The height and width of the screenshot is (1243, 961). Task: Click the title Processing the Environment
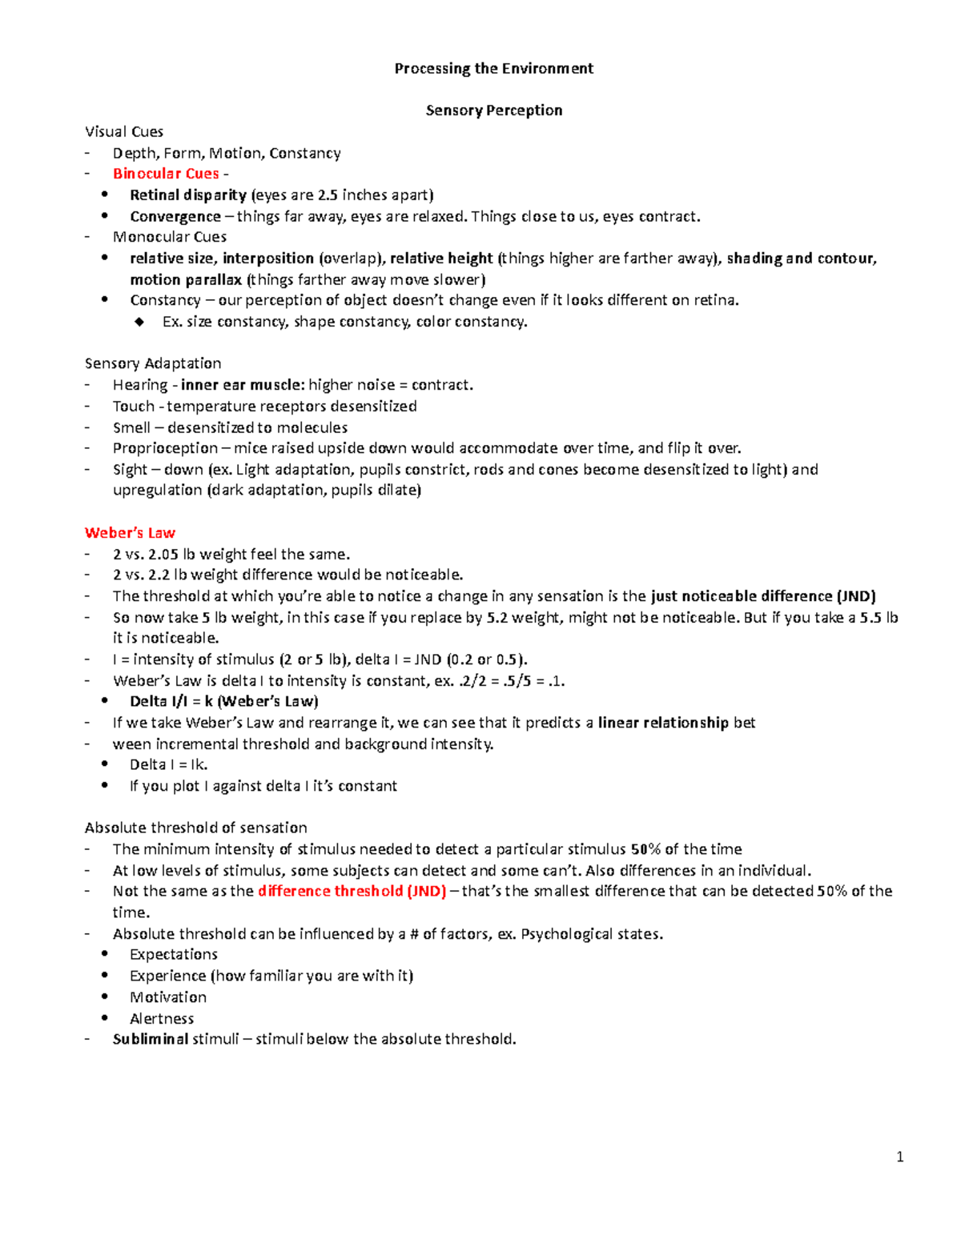[x=493, y=68]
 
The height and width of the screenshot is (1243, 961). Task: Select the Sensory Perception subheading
[x=493, y=110]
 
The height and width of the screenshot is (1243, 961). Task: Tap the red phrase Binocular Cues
[x=166, y=174]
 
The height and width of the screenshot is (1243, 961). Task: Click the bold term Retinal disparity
[x=188, y=194]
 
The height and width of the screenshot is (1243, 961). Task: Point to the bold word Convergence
[x=175, y=216]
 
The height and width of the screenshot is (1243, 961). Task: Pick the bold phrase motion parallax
[x=186, y=279]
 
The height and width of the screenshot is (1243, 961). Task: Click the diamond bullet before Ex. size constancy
[x=140, y=322]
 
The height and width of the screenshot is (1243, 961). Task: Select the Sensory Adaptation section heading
[x=153, y=363]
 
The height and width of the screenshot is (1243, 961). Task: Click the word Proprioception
[x=165, y=448]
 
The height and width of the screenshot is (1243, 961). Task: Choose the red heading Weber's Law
[x=130, y=533]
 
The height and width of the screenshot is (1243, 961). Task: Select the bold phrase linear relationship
[x=663, y=723]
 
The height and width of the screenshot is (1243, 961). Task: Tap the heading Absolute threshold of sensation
[x=195, y=828]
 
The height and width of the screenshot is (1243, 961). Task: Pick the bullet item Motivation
[x=168, y=997]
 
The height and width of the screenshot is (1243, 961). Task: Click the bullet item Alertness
[x=162, y=1018]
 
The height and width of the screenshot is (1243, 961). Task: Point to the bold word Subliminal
[x=151, y=1039]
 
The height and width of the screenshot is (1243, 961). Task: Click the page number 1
[x=900, y=1156]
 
